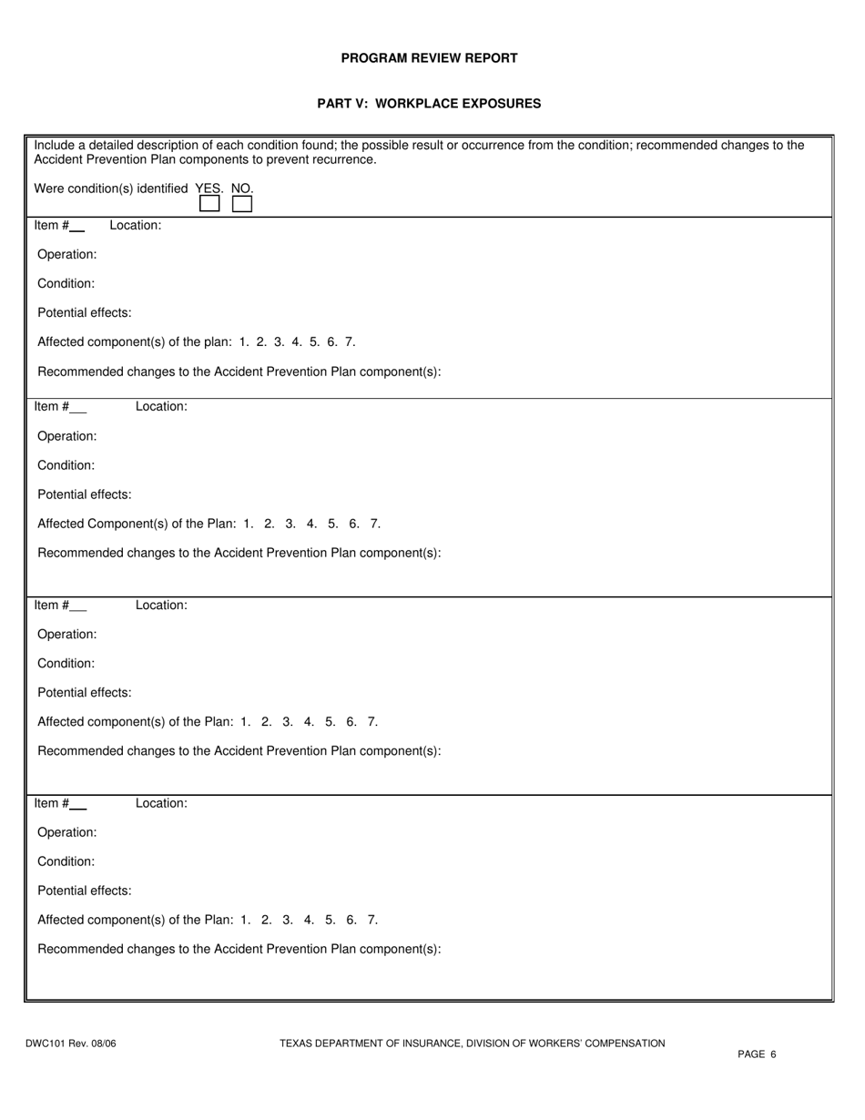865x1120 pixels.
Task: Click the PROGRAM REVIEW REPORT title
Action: coord(429,58)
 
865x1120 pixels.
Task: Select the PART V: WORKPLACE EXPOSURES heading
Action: coord(429,104)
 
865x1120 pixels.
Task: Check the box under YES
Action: coord(209,204)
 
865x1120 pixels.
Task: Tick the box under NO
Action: coord(242,204)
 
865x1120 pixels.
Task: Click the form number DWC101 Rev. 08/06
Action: coord(71,1044)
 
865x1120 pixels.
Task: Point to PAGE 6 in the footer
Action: coord(757,1054)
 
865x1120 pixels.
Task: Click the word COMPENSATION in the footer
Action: coord(630,1044)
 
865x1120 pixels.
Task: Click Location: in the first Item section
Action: coord(136,225)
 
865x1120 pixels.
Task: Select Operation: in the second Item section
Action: coord(66,436)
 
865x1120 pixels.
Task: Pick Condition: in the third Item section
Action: coord(66,664)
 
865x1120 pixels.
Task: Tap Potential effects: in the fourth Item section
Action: coord(84,891)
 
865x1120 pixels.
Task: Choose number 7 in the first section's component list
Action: coord(351,342)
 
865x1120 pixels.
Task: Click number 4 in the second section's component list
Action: coord(312,524)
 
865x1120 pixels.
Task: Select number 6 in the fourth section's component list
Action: coord(351,920)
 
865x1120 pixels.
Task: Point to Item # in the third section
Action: coord(51,606)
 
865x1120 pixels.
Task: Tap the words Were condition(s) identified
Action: coord(111,188)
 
